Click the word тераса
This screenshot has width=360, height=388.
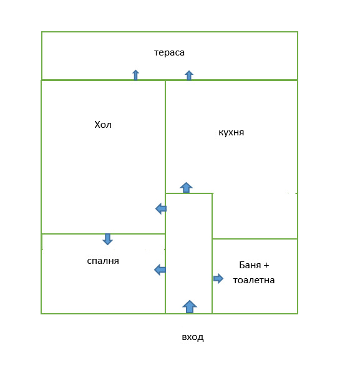[169, 52]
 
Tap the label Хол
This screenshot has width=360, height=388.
[103, 125]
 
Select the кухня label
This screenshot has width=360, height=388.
[231, 133]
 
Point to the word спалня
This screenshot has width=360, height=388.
[103, 261]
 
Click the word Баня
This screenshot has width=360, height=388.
[250, 265]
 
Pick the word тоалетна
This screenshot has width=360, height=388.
[254, 280]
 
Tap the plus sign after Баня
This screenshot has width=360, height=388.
[266, 265]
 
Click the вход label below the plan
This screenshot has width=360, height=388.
[193, 337]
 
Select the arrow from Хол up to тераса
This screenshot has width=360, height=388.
[135, 75]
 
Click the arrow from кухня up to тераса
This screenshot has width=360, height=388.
[189, 75]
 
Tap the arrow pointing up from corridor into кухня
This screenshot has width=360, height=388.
[187, 187]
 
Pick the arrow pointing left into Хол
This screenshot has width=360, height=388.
[161, 208]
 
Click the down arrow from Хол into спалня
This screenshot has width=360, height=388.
[108, 239]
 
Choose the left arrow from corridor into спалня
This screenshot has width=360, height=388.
[160, 269]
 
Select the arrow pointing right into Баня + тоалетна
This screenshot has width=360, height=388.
[218, 279]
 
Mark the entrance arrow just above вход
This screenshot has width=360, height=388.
[190, 306]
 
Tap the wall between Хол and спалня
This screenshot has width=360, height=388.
[103, 233]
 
